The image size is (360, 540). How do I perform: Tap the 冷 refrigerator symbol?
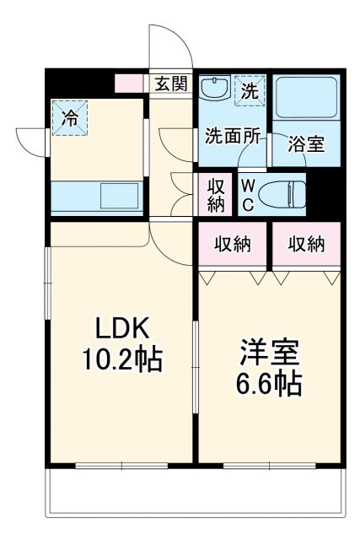tap(70, 117)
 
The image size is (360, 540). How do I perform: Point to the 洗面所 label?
tap(234, 135)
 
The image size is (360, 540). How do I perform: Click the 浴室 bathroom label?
tap(306, 143)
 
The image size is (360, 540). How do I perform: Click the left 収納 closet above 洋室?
tap(233, 245)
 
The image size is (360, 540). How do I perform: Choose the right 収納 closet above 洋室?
tap(307, 245)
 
